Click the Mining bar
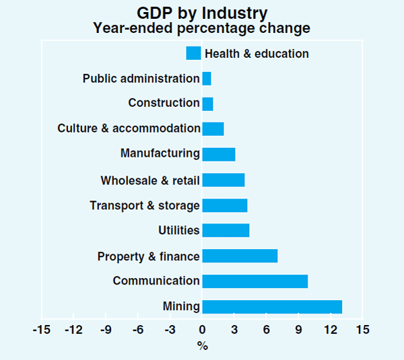point(272,307)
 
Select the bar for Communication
point(255,281)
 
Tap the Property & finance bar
point(240,256)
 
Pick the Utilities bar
point(226,230)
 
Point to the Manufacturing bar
point(218,154)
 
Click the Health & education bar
point(194,53)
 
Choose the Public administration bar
point(206,79)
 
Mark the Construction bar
point(207,104)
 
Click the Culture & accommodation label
point(129,129)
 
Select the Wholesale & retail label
point(150,180)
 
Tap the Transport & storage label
point(145,205)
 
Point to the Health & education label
point(257,54)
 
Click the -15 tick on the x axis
point(41,330)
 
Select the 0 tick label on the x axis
point(202,330)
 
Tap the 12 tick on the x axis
point(330,330)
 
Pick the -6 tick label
point(137,330)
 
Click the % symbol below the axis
point(202,346)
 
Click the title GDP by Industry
point(202,13)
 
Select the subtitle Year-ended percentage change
point(202,28)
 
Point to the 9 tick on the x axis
point(298,330)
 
